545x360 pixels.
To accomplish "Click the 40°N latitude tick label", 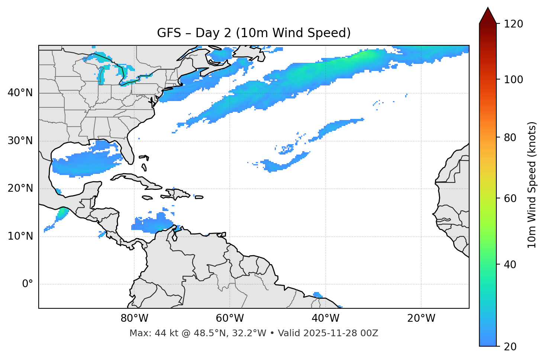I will pos(20,93).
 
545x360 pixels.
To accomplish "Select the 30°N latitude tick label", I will pos(20,141).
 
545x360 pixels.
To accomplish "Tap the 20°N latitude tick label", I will pos(20,188).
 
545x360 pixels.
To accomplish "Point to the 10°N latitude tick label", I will pos(20,236).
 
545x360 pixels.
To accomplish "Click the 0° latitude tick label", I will pos(28,284).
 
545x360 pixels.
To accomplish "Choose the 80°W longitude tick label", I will pos(134,318).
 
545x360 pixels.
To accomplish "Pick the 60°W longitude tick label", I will pos(230,318).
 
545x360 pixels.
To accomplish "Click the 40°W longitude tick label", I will pos(326,318).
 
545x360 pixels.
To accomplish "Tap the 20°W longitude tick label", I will pos(421,318).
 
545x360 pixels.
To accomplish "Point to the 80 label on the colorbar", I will pos(512,137).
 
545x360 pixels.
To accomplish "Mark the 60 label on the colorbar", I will pos(512,198).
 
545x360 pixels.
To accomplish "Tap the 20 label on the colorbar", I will pos(512,347).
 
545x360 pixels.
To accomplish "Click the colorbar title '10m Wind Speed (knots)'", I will pos(532,185).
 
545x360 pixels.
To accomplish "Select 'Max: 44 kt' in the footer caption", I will pos(148,333).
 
